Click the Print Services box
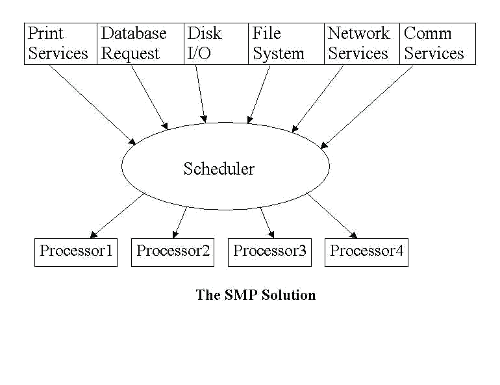[60, 43]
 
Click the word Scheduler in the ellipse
[219, 169]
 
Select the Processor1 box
[76, 252]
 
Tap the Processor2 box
[173, 252]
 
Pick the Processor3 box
[269, 252]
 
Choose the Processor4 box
[366, 252]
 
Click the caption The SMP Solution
[256, 295]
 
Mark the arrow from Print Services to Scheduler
[92, 105]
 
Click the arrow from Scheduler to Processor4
[332, 216]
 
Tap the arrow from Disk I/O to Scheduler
[200, 93]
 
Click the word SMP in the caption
[242, 295]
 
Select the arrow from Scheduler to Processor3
[266, 222]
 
